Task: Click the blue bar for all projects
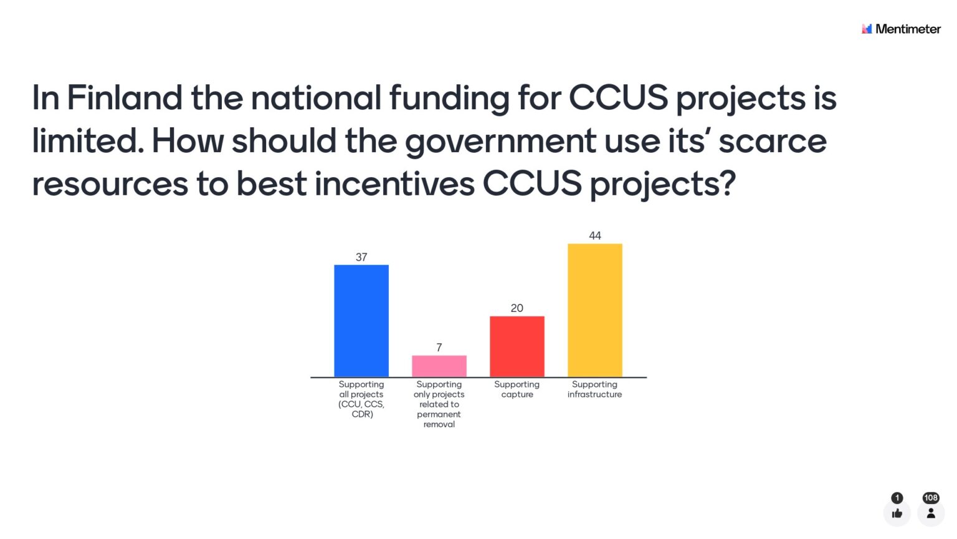pos(361,321)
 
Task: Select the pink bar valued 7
pos(439,366)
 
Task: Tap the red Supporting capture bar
pos(517,346)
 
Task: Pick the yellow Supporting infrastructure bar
pos(595,310)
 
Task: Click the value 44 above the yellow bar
pos(595,236)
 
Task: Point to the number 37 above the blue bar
pos(361,257)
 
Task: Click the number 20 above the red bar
pos(517,308)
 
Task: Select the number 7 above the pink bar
pos(439,347)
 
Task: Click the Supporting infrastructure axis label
pos(595,389)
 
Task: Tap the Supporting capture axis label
pos(517,389)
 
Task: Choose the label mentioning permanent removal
pos(439,404)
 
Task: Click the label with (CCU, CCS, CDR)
pos(361,399)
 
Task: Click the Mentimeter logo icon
pos(867,29)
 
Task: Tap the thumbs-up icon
pos(897,513)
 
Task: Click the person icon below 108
pos(931,513)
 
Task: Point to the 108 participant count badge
pos(931,497)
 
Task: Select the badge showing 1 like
pos(897,497)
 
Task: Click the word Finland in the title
pos(125,97)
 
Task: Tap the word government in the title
pos(500,142)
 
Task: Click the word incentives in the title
pos(395,184)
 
